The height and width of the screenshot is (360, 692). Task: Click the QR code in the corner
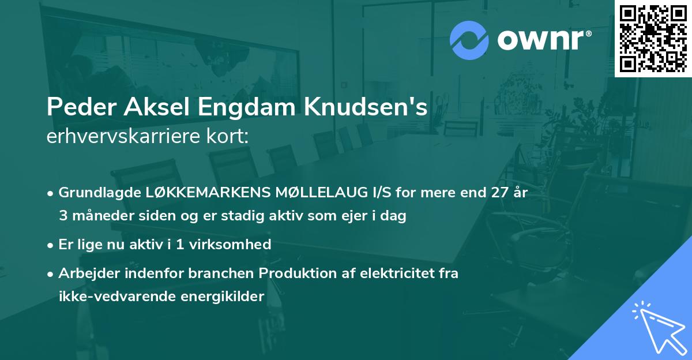point(653,38)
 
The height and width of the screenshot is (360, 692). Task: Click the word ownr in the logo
point(543,40)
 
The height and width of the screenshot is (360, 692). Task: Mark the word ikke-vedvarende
point(114,297)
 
